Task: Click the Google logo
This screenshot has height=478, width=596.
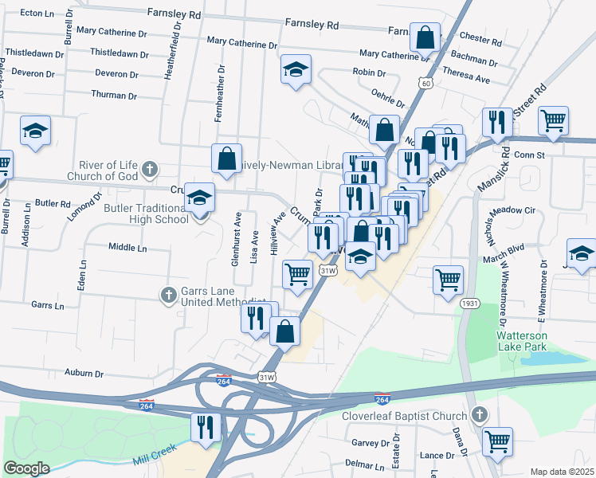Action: [x=26, y=468]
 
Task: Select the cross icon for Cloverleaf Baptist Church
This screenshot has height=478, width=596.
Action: [x=479, y=414]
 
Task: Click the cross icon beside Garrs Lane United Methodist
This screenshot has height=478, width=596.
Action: [x=168, y=296]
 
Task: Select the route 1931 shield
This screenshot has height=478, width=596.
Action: [x=469, y=304]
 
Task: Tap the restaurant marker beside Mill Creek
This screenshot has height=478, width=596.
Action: [x=205, y=427]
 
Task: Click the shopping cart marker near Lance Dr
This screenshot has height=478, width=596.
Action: [x=497, y=441]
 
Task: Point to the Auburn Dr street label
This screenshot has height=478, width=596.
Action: [x=84, y=373]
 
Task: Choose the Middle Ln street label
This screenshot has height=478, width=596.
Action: [x=128, y=248]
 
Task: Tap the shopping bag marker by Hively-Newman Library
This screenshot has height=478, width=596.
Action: [x=226, y=157]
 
